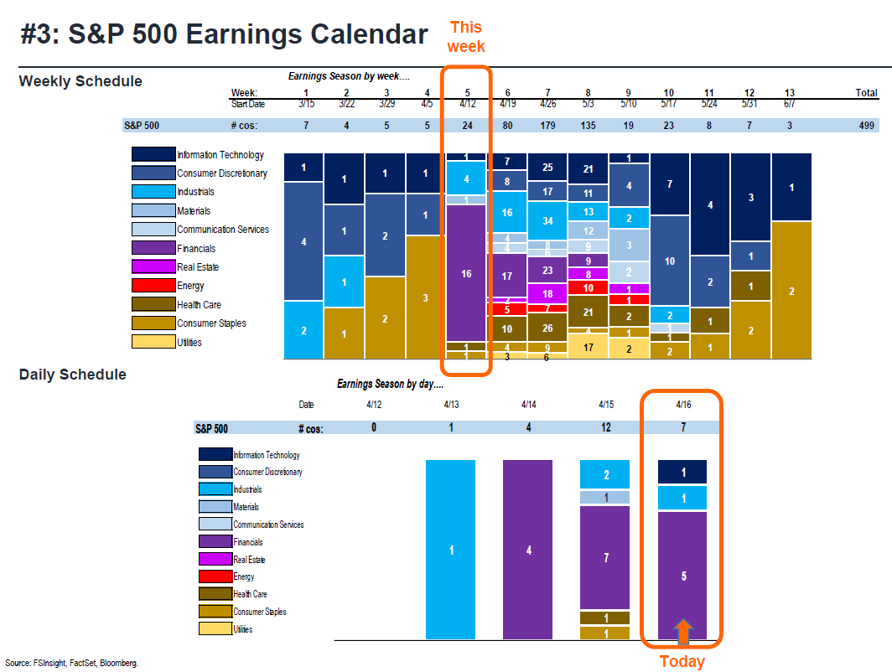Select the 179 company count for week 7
(x=547, y=127)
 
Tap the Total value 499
(x=867, y=127)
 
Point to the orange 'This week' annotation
(x=465, y=37)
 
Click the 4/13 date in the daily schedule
(x=452, y=405)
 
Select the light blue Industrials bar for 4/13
(x=452, y=550)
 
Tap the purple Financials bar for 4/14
(x=528, y=550)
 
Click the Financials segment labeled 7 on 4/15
(x=605, y=557)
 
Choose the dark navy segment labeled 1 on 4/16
(x=683, y=473)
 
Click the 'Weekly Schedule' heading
(x=80, y=81)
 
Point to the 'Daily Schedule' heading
(x=73, y=375)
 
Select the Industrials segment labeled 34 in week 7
(x=547, y=221)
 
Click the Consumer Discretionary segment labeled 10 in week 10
(x=669, y=261)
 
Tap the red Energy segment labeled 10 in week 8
(x=588, y=288)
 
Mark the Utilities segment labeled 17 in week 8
(x=588, y=346)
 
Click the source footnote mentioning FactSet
(x=71, y=663)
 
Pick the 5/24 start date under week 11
(x=709, y=104)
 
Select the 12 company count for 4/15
(x=605, y=428)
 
